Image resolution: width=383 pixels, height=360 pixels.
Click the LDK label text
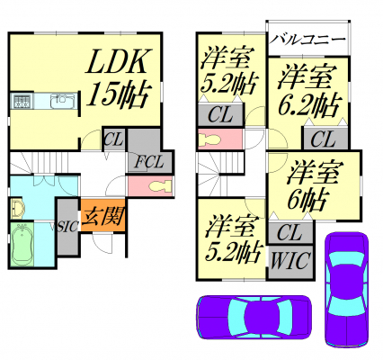coord(118,61)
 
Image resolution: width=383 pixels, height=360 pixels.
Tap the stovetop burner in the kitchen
coord(22,101)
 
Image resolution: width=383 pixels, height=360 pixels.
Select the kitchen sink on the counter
coord(63,101)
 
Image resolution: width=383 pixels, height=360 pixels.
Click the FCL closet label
coord(149,162)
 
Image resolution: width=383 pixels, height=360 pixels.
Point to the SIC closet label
coord(68,227)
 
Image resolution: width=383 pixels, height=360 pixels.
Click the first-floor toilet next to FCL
coord(160,185)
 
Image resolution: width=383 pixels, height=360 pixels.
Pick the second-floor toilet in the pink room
coord(210,139)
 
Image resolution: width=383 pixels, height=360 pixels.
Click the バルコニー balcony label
coord(307,40)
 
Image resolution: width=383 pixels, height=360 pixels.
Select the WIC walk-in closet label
coord(289,261)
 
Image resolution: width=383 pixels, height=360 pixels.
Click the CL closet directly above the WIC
coord(290,232)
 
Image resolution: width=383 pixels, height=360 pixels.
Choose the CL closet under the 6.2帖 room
coord(325,138)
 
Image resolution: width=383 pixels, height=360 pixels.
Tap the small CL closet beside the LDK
coord(113,139)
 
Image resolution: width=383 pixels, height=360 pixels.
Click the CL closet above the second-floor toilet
coord(220,114)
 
